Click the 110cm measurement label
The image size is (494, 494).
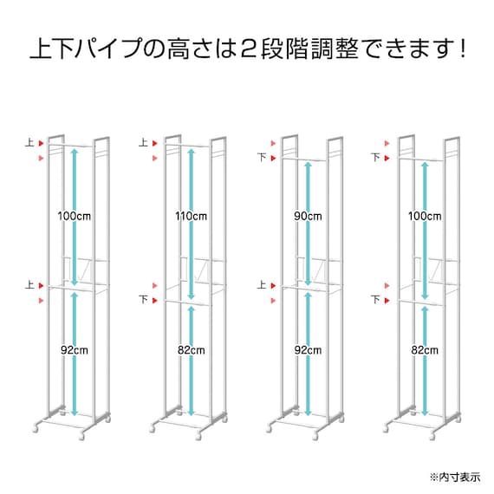click(x=190, y=215)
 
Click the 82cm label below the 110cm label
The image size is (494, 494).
click(x=191, y=350)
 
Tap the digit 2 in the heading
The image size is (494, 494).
click(x=245, y=47)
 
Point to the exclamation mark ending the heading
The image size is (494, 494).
click(x=458, y=47)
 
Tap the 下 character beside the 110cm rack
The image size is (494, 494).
click(x=143, y=300)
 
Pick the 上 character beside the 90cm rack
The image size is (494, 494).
click(x=259, y=284)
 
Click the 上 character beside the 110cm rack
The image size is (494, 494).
click(x=143, y=143)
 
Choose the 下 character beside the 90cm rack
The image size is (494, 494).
click(x=259, y=158)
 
